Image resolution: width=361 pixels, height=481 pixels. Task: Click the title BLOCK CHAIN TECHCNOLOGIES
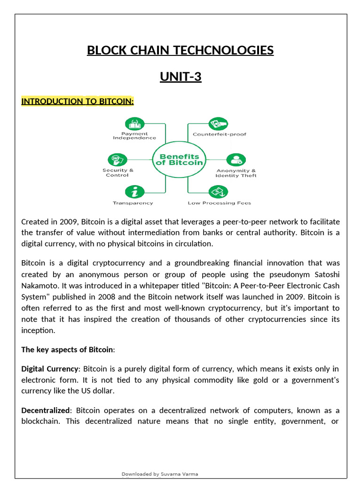point(180,50)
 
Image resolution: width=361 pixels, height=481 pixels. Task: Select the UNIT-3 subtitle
point(180,76)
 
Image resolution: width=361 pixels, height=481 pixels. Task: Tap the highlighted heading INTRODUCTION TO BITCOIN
point(78,101)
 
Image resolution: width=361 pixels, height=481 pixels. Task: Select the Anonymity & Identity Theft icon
point(236,160)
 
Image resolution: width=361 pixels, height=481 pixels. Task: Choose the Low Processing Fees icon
point(219,192)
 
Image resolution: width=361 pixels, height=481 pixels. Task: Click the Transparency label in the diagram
point(133,203)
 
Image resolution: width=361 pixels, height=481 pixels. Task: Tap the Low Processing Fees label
point(219,203)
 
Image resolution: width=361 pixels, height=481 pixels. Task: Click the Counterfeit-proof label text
point(219,134)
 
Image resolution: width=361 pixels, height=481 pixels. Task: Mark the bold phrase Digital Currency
point(49,369)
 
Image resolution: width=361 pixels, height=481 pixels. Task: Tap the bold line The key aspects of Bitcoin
point(67,349)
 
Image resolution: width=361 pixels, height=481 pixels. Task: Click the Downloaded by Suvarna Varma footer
point(160,474)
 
